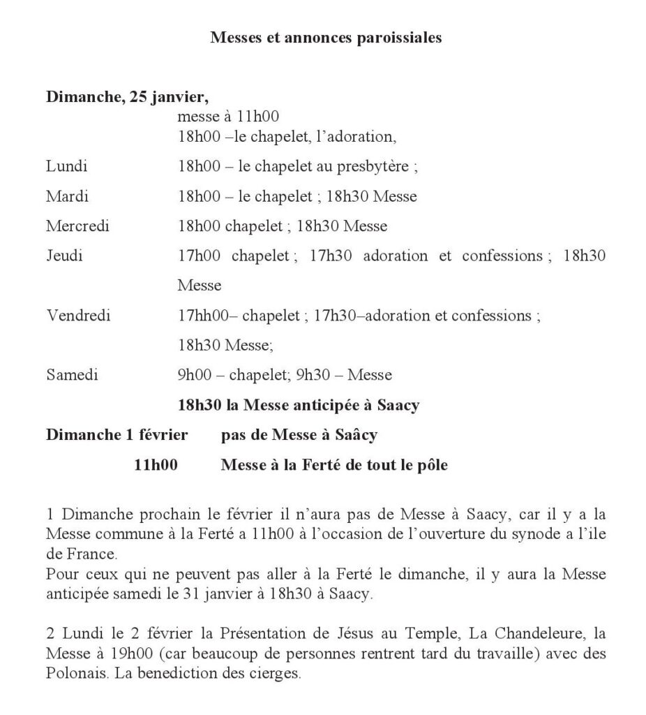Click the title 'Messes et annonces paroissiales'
[x=326, y=38]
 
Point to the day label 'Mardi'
[x=68, y=196]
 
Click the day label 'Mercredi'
[x=77, y=226]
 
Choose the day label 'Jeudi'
[x=64, y=256]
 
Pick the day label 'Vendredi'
[x=78, y=315]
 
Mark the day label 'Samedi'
[x=72, y=375]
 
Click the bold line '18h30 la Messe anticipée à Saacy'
[x=299, y=405]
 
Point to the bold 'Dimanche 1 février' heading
[x=117, y=435]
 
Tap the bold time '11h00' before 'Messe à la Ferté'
[x=156, y=465]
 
